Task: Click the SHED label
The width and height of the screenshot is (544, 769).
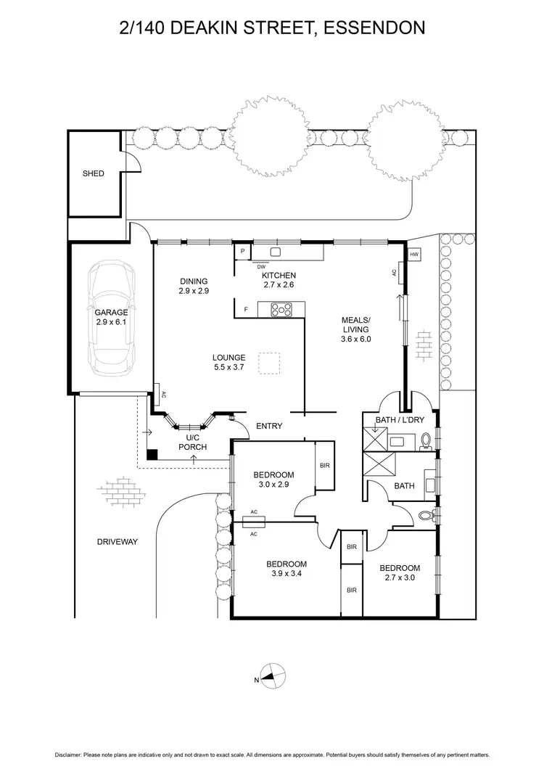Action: pyautogui.click(x=93, y=174)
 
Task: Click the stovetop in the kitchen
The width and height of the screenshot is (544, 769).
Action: pyautogui.click(x=281, y=310)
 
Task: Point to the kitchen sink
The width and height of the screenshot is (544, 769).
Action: pyautogui.click(x=276, y=252)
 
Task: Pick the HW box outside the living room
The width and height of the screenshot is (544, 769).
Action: pyautogui.click(x=414, y=255)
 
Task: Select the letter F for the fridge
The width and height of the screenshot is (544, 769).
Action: pyautogui.click(x=247, y=310)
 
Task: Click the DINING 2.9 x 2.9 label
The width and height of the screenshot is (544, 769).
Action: pyautogui.click(x=194, y=286)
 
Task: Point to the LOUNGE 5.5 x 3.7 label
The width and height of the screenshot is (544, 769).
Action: pyautogui.click(x=228, y=363)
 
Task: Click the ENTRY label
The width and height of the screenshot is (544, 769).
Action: pyautogui.click(x=269, y=426)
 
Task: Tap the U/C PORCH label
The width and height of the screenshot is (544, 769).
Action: pyautogui.click(x=196, y=443)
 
